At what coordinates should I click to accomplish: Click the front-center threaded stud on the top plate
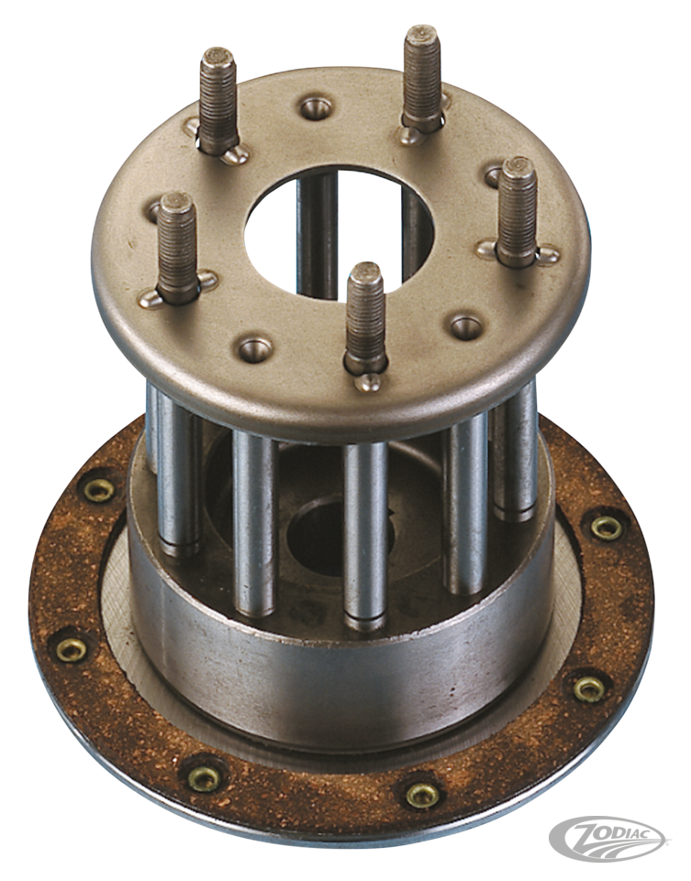[x=366, y=317]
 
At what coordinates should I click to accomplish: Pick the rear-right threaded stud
[x=422, y=78]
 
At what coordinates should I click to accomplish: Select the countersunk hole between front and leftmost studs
[x=254, y=348]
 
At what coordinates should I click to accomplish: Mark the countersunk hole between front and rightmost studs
[x=464, y=326]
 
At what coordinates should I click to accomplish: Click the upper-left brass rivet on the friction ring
[x=99, y=490]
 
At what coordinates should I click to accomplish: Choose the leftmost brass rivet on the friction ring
[x=72, y=648]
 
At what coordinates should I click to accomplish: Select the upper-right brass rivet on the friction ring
[x=605, y=526]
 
